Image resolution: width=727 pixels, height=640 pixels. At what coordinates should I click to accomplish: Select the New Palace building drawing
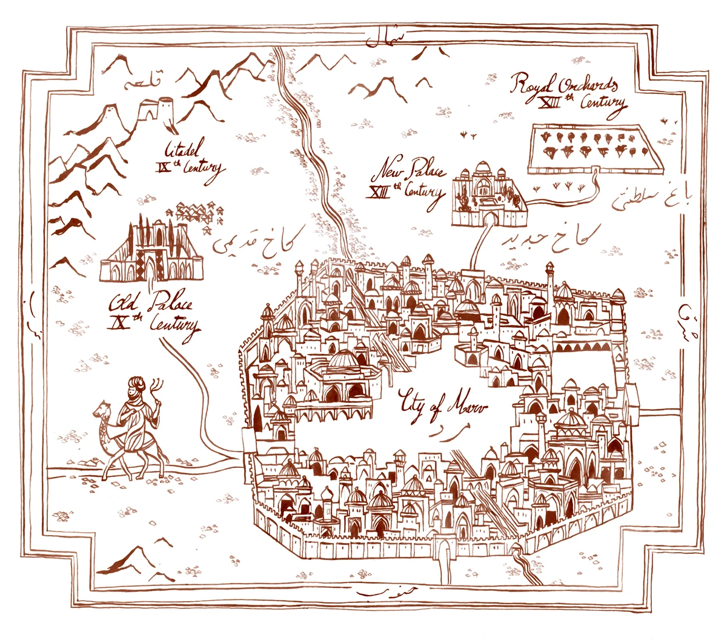(x=490, y=193)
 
